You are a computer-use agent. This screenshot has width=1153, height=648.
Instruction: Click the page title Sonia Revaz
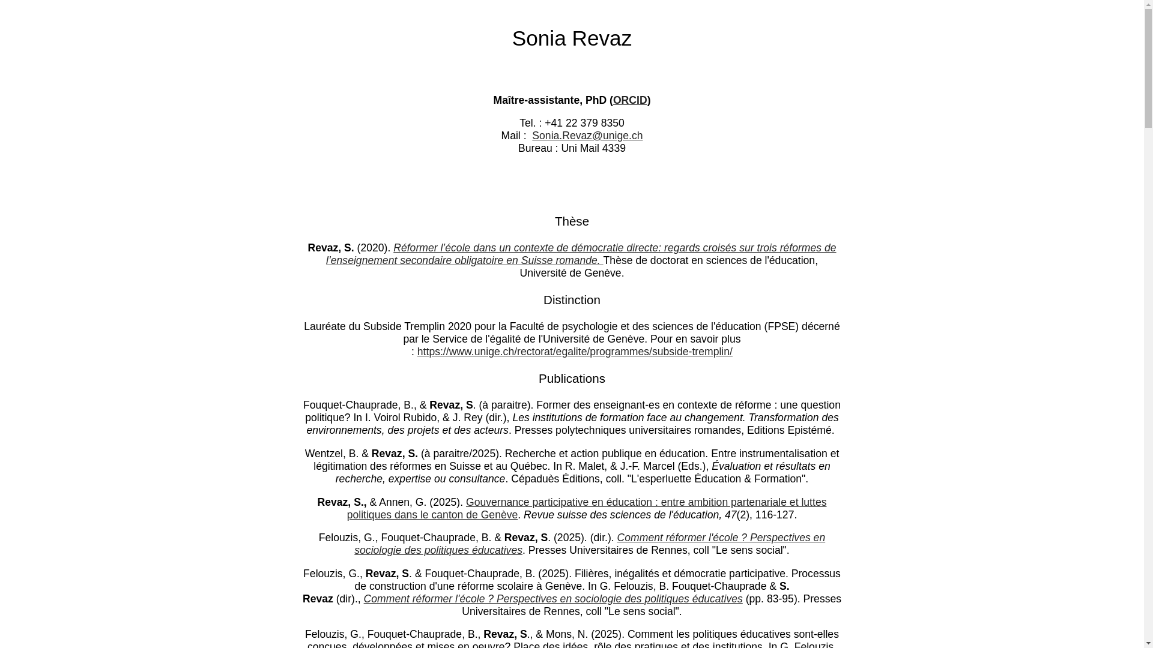click(572, 38)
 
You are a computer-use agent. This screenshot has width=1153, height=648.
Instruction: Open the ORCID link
click(630, 100)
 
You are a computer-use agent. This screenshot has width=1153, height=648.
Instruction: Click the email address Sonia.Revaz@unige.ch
click(587, 136)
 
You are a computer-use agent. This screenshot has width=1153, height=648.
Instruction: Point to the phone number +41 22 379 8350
click(584, 123)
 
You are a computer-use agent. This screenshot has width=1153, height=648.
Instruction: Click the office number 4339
click(614, 148)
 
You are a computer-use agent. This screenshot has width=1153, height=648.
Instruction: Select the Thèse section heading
click(572, 221)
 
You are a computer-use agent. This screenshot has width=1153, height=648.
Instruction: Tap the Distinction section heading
click(572, 300)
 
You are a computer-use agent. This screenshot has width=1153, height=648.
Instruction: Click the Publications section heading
click(572, 379)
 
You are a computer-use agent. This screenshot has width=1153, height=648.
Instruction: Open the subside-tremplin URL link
click(575, 352)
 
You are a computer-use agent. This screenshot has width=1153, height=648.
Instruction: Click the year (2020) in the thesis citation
click(374, 248)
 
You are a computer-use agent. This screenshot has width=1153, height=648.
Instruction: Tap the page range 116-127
click(774, 515)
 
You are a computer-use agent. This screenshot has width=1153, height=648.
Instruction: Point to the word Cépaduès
click(535, 479)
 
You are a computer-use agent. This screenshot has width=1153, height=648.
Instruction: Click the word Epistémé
click(810, 430)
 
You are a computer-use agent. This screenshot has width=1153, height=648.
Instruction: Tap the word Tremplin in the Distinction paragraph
click(425, 326)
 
